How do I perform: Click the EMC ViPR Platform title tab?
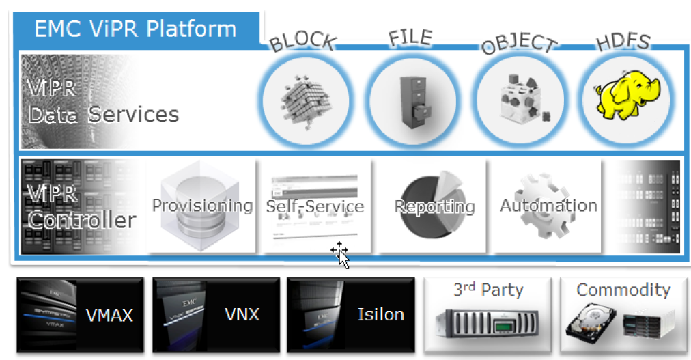(135, 29)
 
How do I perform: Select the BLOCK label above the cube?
(302, 42)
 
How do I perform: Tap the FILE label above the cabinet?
(410, 38)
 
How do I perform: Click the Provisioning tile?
(202, 206)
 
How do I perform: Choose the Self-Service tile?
(315, 206)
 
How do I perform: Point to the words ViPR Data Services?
(102, 102)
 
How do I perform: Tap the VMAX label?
(109, 315)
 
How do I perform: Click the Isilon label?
(380, 315)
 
